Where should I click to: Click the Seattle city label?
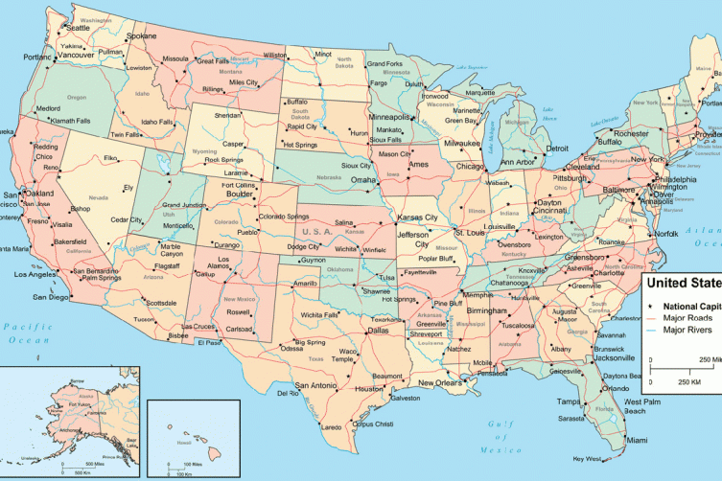click(78, 28)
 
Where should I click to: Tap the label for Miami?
click(637, 440)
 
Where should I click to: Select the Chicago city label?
click(471, 166)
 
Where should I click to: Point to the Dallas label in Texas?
click(378, 331)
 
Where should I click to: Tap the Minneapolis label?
click(389, 117)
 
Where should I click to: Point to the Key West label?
click(586, 458)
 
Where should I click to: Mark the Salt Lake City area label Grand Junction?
click(185, 205)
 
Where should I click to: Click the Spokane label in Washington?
click(141, 35)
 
